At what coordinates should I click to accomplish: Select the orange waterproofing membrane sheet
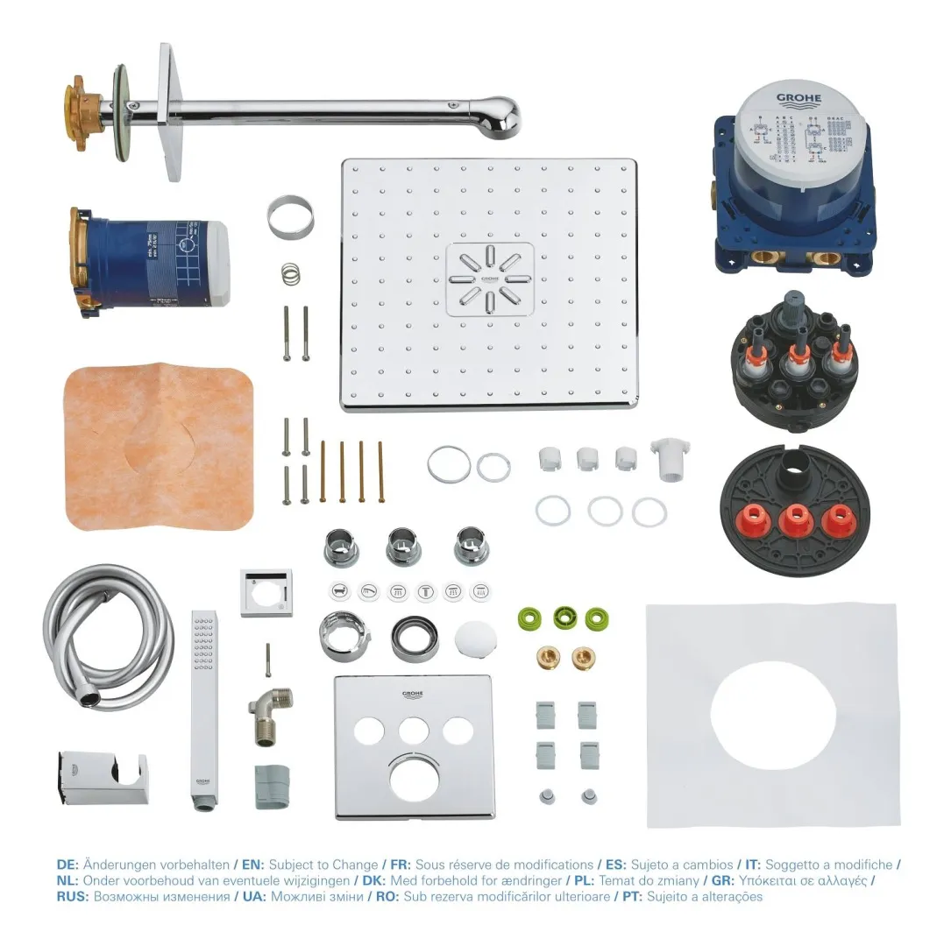tap(158, 447)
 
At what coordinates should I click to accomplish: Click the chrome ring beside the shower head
tap(290, 219)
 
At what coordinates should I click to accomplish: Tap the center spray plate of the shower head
tap(489, 279)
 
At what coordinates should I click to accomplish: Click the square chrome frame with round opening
tap(266, 593)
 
